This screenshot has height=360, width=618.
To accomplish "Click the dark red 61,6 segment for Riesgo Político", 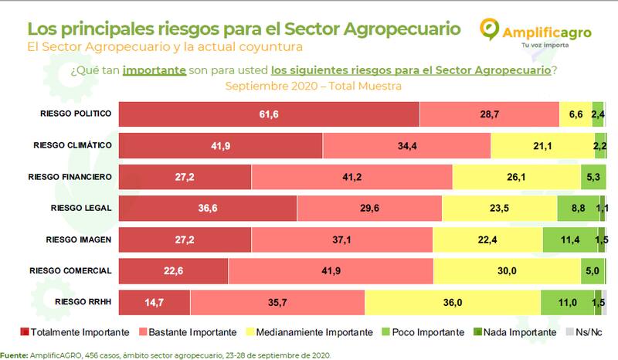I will point(267,114).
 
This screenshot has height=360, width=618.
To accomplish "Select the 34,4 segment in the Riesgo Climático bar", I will point(406,145).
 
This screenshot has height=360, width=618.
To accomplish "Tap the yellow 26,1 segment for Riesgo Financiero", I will point(516,177).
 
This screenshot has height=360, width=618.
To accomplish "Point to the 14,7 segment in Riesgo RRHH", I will point(154,303).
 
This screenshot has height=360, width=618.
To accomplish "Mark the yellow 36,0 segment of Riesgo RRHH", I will point(452,303).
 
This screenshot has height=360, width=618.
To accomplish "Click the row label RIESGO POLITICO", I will point(76,114).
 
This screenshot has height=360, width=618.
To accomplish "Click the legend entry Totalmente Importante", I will point(73,332).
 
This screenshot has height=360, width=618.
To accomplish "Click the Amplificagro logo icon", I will point(491,29).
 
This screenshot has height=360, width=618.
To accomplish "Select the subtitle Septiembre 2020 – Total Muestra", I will point(313,86).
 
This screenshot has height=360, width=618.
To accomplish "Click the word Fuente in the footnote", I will point(15,355).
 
